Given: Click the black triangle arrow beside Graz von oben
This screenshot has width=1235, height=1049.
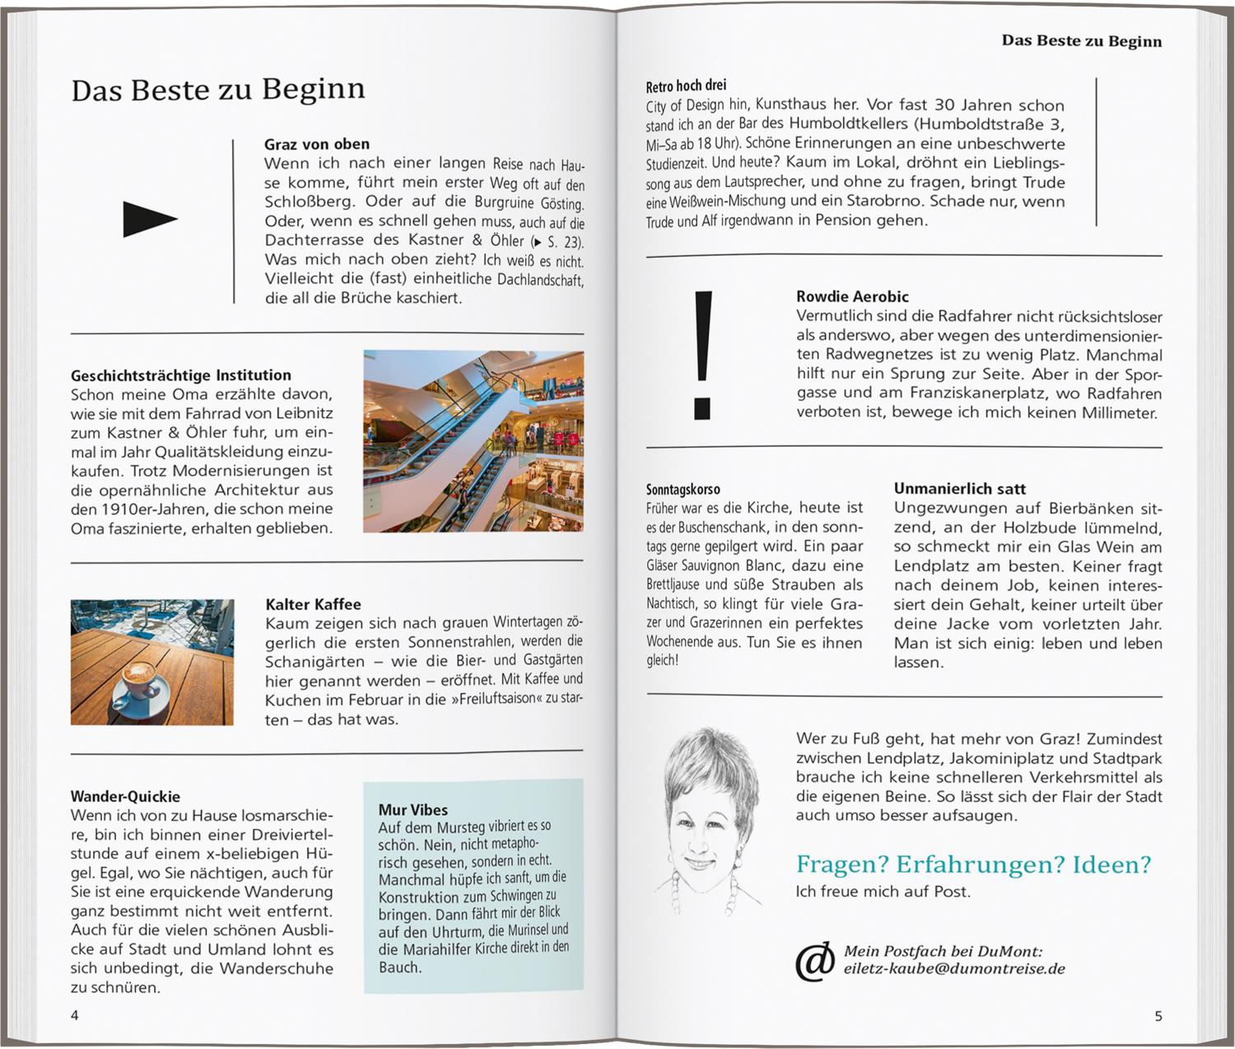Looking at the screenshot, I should (x=149, y=219).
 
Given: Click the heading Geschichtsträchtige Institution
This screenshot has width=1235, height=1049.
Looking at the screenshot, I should (x=181, y=375).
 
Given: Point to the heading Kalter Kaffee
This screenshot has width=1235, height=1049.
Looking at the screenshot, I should (x=313, y=604).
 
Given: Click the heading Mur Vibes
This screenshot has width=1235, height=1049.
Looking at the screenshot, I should (x=413, y=810).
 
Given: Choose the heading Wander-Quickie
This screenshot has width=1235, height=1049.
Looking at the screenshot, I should (x=125, y=796).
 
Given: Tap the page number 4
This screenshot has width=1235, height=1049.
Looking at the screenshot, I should (x=75, y=1015).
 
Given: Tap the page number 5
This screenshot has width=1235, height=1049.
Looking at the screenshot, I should (x=1158, y=1016).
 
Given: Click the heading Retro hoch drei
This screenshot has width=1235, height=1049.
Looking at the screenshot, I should (x=686, y=86).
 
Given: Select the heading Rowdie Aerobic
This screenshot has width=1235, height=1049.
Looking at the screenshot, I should (x=852, y=296).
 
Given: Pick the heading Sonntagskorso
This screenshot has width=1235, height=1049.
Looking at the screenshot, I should (x=683, y=489).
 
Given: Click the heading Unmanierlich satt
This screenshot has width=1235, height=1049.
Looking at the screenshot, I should (x=960, y=488).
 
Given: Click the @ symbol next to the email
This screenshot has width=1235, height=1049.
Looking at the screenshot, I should (x=814, y=961).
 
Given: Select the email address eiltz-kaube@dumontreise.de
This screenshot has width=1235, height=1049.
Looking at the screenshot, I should (x=953, y=969).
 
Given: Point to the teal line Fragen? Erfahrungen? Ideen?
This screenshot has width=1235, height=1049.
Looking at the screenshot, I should (x=973, y=865).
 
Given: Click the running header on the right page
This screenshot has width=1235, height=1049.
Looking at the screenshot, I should (x=1081, y=41).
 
